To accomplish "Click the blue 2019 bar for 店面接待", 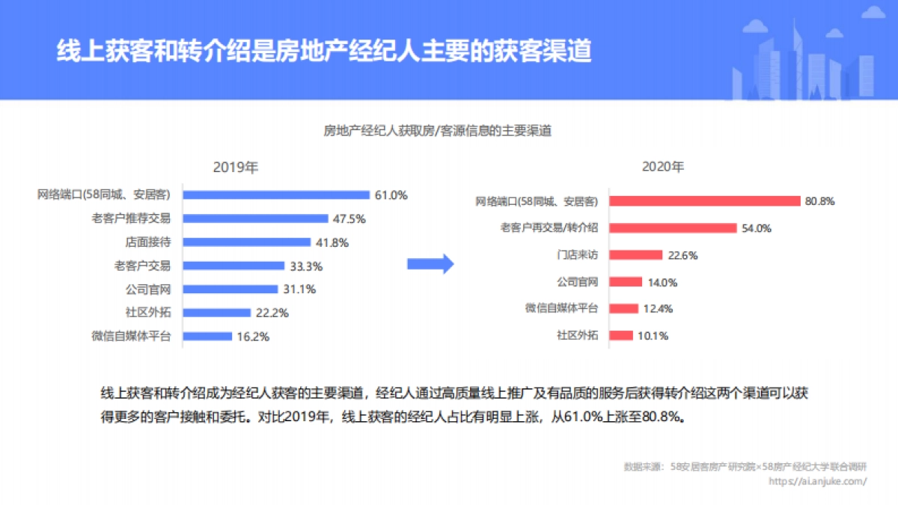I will (x=246, y=242).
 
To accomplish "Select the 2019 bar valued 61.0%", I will (x=276, y=195).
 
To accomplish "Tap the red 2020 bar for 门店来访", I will (x=635, y=255).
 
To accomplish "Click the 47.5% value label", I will (x=349, y=218).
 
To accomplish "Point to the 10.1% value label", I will (x=653, y=335).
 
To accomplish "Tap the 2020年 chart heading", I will (x=663, y=167).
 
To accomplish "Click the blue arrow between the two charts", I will (x=430, y=263).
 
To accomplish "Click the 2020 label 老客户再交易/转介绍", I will (x=549, y=228).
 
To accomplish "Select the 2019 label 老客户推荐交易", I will (x=131, y=218).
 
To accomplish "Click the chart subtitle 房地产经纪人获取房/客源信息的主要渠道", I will (x=437, y=131).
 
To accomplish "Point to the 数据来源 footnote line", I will (x=745, y=467).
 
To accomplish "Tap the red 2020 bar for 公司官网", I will (x=626, y=282).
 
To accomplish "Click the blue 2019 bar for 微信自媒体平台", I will (x=207, y=336).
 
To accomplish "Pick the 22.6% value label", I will (x=682, y=255).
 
